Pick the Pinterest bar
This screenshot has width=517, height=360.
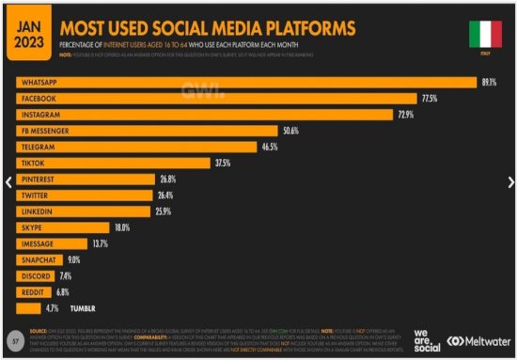coord(85,179)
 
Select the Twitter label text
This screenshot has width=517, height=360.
coord(36,196)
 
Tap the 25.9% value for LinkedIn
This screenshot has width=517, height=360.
coord(164,211)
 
